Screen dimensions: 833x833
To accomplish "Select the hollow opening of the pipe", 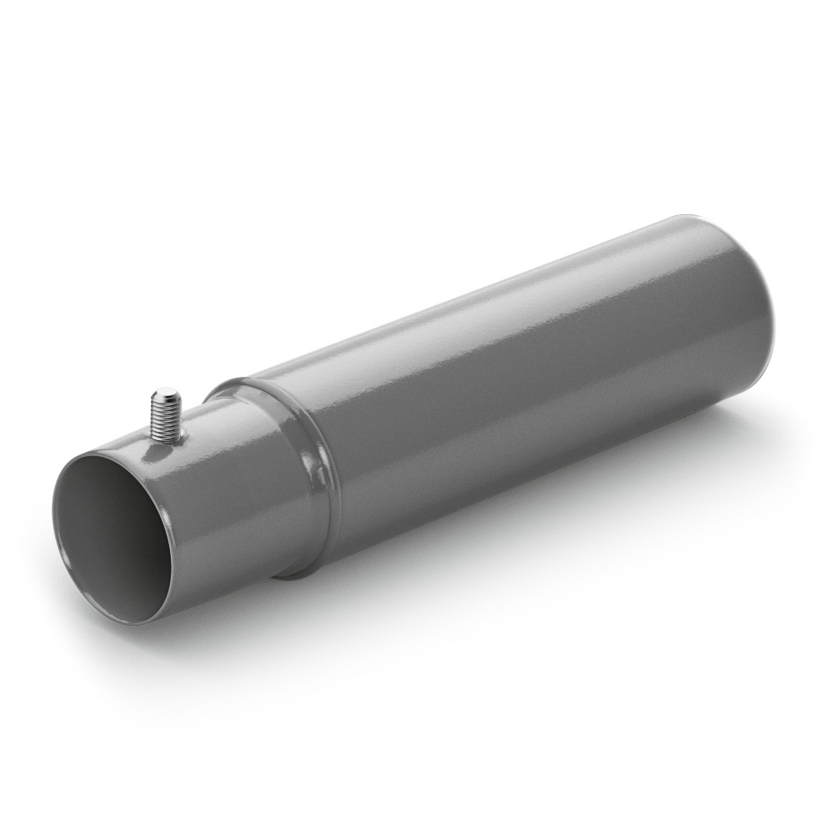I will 113,534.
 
